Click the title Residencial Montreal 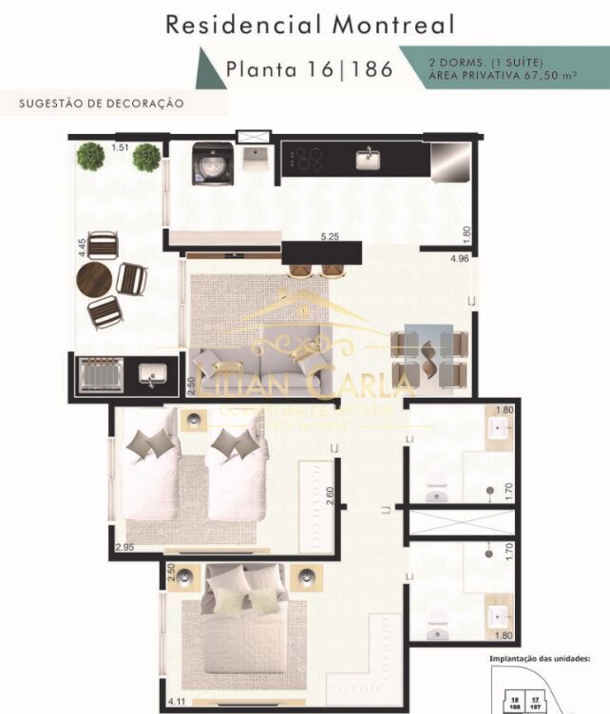(310, 25)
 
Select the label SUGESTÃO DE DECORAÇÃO (101, 103)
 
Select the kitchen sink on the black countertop (367, 159)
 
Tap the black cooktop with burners (308, 159)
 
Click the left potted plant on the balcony (90, 157)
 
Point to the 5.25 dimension (330, 237)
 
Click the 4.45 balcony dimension (83, 248)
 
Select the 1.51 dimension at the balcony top (119, 147)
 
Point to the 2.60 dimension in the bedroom (329, 496)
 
